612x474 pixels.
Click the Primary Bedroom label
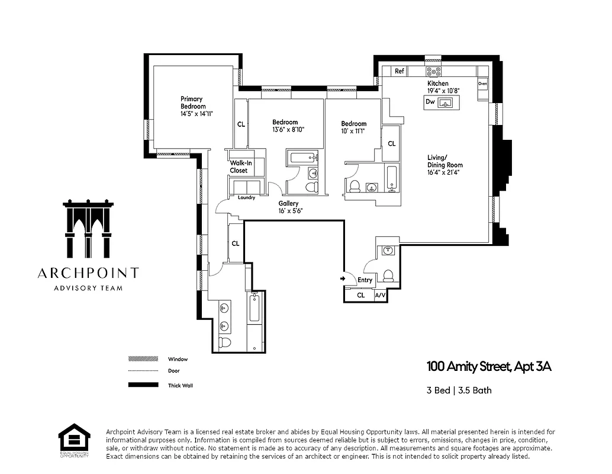192,103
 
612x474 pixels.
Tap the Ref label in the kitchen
400,71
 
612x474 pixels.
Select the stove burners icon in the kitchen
434,71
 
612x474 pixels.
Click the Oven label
482,84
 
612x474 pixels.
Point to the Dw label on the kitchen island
430,102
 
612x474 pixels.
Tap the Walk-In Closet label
239,166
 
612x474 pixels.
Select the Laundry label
246,197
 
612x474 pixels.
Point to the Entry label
365,280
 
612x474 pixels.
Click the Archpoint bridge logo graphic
88,229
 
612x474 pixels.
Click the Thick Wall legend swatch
143,385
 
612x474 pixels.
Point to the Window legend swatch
143,359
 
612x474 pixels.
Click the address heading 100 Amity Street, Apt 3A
489,367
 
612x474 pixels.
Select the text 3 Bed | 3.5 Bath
459,390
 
